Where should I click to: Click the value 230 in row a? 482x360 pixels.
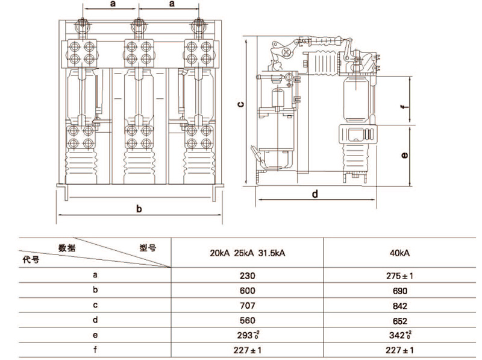tap(248, 276)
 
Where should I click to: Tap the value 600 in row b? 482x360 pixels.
tap(248, 291)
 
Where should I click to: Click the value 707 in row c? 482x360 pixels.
tap(248, 306)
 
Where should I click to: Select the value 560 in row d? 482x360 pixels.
tap(248, 321)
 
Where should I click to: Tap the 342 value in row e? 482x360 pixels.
tap(396, 335)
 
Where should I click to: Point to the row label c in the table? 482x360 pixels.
tap(95, 306)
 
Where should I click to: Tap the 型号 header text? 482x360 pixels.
tap(148, 247)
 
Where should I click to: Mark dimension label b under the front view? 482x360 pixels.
tap(139, 209)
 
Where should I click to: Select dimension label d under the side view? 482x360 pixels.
tap(315, 194)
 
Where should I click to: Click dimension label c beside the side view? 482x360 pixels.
tap(240, 104)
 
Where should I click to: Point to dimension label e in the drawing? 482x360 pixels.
tap(405, 155)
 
